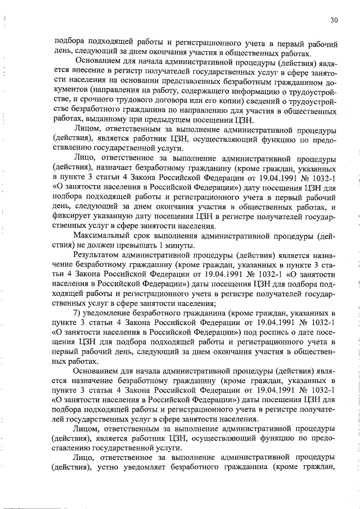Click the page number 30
pos(334,20)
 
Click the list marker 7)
pos(79,312)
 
